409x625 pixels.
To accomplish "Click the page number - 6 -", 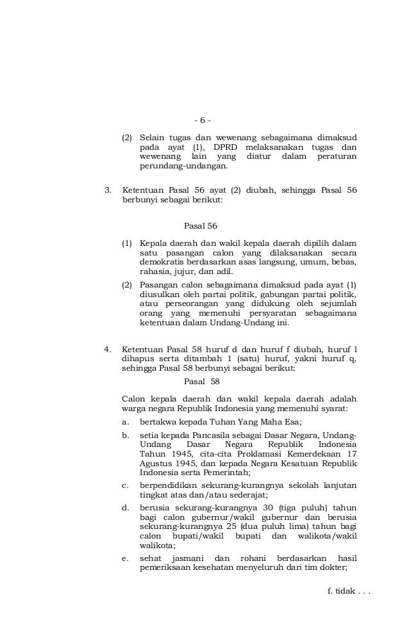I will click(x=201, y=120).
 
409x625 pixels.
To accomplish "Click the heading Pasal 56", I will click(x=200, y=225).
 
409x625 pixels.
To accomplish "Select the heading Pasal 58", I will click(x=201, y=382).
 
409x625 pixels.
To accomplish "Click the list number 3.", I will click(x=108, y=190).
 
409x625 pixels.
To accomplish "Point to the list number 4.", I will click(x=108, y=349).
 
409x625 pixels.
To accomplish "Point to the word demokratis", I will click(x=163, y=262).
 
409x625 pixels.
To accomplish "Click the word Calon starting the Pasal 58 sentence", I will click(x=134, y=398).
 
